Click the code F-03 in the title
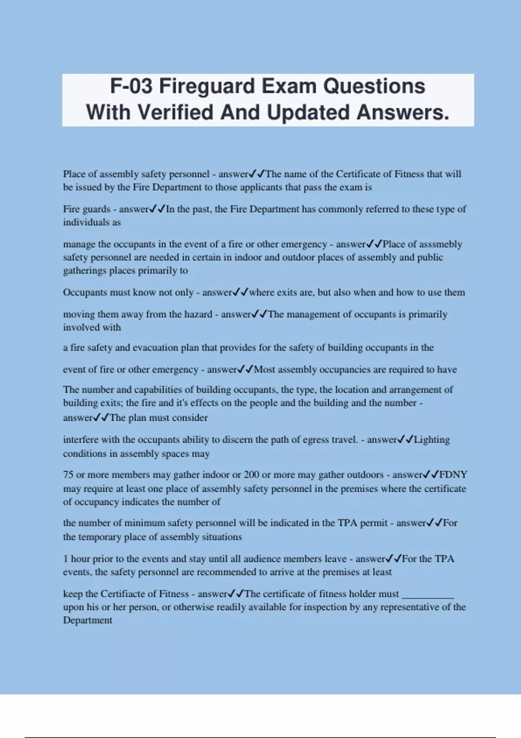tap(132, 86)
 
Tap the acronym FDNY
tap(453, 474)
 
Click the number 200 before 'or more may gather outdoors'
tap(251, 474)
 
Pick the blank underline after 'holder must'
tap(428, 593)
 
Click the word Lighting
tap(432, 439)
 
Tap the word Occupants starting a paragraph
tap(85, 292)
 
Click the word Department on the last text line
tap(87, 620)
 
